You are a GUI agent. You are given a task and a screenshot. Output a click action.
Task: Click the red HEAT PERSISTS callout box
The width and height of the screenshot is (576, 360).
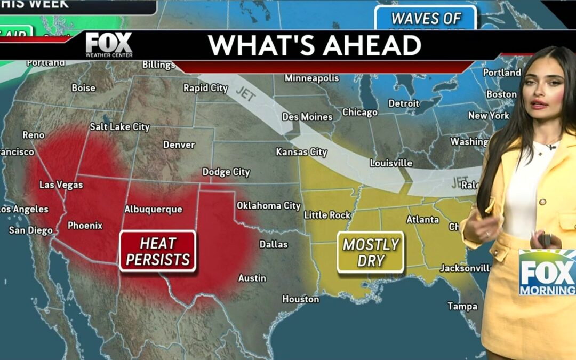pos(158,251)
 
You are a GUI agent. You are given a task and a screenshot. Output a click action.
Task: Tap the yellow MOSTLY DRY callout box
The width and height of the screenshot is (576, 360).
pos(371,252)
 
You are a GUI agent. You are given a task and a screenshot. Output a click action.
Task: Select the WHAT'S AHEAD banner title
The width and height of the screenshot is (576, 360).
pos(315,46)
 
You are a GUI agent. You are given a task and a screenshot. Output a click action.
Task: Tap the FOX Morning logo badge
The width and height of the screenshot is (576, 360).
pos(547,273)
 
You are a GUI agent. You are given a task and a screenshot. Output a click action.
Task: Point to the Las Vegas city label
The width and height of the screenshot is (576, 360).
pos(61,185)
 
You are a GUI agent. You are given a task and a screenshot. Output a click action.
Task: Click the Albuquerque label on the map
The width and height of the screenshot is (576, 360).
pos(153,209)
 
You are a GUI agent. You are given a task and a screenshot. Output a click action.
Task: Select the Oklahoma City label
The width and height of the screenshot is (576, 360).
pos(269,205)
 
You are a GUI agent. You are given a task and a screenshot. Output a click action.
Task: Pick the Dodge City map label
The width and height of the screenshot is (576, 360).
pos(226,172)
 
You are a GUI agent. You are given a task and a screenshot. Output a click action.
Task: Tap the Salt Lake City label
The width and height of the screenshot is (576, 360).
pos(119,127)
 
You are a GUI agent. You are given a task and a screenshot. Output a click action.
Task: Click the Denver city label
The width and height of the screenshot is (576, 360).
pos(179,145)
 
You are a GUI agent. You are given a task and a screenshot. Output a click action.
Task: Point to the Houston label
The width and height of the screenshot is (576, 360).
pos(300,299)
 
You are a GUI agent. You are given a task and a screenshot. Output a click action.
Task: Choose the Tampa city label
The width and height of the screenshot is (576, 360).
pos(462,306)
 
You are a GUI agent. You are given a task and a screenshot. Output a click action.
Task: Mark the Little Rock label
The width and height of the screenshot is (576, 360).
pos(327,215)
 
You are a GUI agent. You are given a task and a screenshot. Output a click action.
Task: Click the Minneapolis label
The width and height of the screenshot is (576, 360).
pos(311,78)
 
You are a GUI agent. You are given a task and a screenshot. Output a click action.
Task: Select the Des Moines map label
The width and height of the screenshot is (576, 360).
pos(307,116)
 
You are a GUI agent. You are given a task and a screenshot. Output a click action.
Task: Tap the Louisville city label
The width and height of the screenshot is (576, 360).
pos(391,163)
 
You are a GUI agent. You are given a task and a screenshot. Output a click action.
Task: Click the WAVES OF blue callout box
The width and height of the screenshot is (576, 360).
pos(426,19)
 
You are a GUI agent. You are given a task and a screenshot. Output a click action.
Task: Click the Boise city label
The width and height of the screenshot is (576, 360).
pos(83,87)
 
